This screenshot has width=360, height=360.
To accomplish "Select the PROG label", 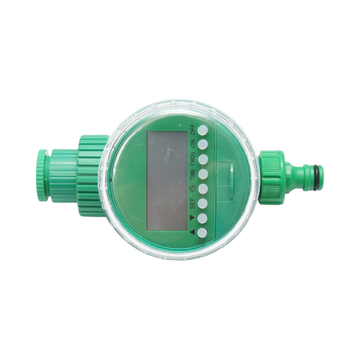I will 193,159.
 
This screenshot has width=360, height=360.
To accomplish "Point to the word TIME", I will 193,174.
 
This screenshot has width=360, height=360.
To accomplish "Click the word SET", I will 193,203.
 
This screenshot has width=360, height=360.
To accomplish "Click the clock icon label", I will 192,189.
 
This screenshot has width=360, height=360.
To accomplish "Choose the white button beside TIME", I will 203,174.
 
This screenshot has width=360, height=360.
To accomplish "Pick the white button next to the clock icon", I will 203,188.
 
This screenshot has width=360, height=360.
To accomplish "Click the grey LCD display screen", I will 167,181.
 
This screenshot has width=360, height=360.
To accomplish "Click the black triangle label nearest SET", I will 192,217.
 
